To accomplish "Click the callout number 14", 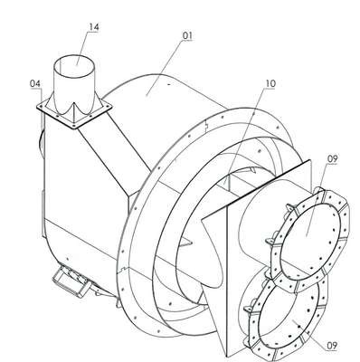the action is click(93, 27).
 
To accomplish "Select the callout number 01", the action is click(187, 35).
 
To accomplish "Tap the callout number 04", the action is click(35, 83).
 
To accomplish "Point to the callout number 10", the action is click(270, 83).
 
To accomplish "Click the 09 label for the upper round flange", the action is click(332, 159).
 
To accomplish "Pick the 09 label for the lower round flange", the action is click(332, 346).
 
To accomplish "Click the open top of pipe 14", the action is click(74, 65).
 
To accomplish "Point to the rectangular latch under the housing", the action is click(71, 281).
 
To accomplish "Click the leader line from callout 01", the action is click(165, 68).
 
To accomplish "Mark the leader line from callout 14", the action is click(83, 47).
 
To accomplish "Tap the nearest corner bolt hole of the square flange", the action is click(73, 124).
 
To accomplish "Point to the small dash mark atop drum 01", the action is click(169, 85).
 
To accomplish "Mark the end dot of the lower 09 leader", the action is click(298, 326).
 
